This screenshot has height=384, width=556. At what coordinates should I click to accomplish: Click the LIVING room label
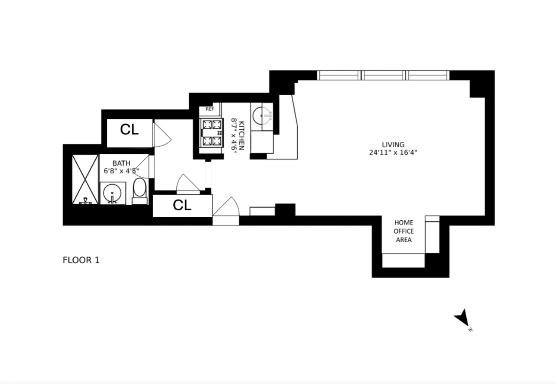(x=393, y=145)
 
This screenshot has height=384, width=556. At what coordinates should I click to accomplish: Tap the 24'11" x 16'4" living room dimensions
(x=393, y=152)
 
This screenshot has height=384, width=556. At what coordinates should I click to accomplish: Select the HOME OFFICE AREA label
(x=403, y=231)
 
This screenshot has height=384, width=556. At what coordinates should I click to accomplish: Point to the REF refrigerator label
(x=210, y=109)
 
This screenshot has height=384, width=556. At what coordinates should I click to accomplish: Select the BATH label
(x=121, y=163)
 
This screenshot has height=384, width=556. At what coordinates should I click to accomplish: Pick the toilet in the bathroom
(x=140, y=191)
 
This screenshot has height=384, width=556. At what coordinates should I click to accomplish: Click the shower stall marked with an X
(x=85, y=179)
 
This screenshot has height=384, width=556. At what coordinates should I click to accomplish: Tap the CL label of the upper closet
(x=129, y=130)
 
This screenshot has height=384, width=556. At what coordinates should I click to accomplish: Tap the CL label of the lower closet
(x=182, y=206)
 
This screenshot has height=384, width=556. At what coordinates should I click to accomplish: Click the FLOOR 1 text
(x=81, y=260)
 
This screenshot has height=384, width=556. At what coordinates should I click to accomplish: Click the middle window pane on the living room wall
(x=384, y=75)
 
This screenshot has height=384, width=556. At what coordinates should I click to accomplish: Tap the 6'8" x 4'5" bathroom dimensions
(x=121, y=171)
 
